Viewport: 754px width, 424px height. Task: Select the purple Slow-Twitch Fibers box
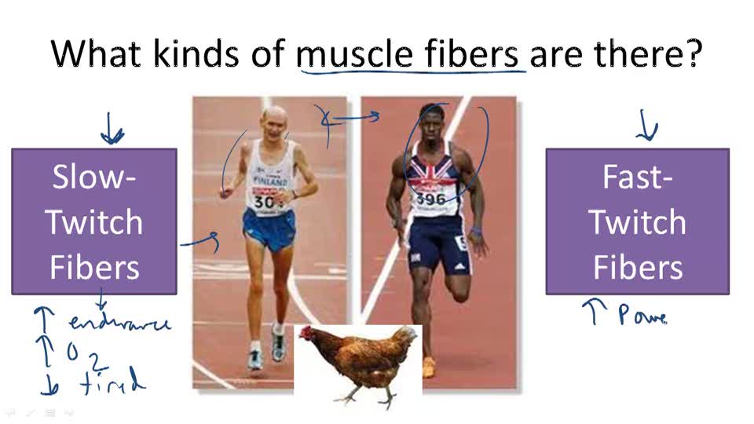click(x=94, y=221)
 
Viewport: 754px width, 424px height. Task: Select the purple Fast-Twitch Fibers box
click(x=637, y=221)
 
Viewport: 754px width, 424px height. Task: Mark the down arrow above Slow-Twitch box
click(x=112, y=130)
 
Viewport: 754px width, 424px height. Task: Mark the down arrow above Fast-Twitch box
click(x=646, y=126)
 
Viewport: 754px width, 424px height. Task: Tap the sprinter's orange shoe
click(x=428, y=367)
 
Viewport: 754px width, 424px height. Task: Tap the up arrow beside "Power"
click(x=591, y=313)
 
